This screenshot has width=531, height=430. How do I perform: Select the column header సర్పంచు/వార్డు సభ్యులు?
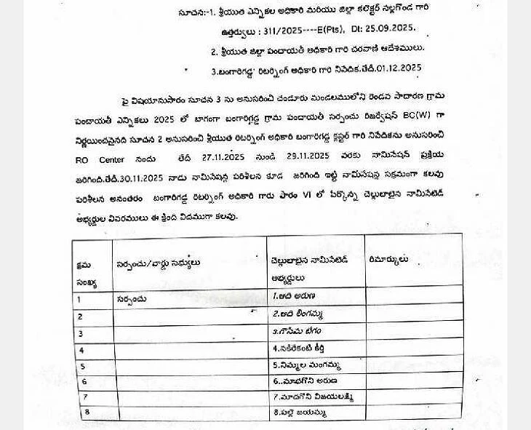click(x=158, y=263)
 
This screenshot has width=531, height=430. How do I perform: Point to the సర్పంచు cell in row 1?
click(x=132, y=298)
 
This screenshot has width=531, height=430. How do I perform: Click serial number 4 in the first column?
click(x=81, y=350)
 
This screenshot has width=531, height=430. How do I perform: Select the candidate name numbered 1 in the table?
click(x=294, y=296)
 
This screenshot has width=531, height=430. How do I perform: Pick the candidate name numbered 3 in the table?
click(x=297, y=330)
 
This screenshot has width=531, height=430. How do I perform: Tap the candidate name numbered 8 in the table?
click(x=299, y=413)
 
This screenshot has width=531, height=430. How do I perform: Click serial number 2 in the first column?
click(x=80, y=316)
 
